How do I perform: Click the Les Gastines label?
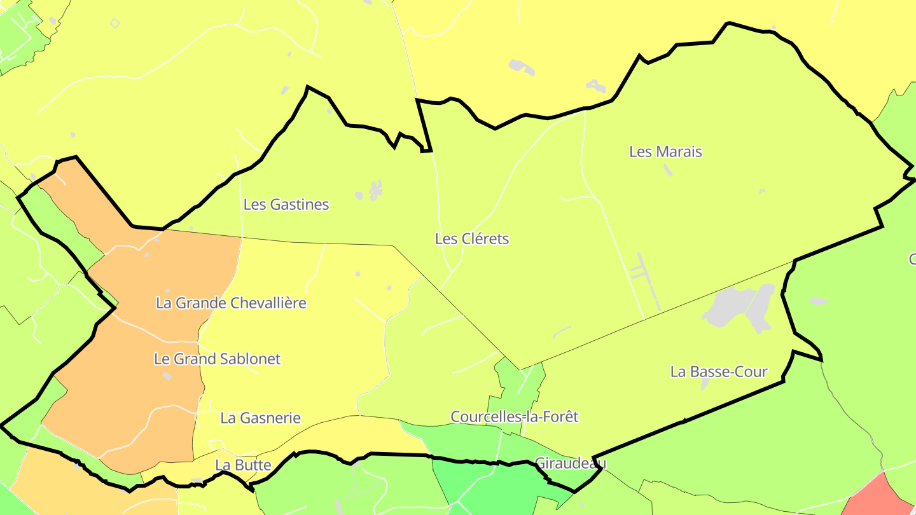pos(286,205)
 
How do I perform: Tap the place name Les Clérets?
pos(472,239)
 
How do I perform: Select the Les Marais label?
pos(665,152)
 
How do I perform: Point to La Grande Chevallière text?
pos(231,303)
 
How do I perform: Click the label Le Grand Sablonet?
pos(217,359)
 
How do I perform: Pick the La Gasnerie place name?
pos(260,418)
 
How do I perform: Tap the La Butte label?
pos(243,465)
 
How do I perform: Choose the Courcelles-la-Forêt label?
pos(515,417)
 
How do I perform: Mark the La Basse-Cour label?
pos(719,372)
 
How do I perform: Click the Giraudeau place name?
pos(571,463)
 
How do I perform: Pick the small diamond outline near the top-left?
pos(114,24)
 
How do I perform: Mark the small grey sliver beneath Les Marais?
pos(667,170)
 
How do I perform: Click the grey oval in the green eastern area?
pos(819,301)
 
